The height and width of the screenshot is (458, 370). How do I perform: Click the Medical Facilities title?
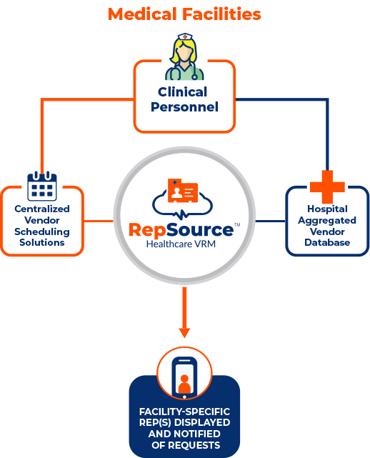(x=184, y=14)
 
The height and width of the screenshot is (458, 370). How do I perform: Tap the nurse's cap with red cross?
(x=185, y=37)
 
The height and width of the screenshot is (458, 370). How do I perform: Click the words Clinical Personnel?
(x=184, y=99)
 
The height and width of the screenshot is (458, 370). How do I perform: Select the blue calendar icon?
(x=42, y=186)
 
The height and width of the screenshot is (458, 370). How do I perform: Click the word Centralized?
(x=42, y=209)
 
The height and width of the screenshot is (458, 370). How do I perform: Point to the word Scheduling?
(x=42, y=232)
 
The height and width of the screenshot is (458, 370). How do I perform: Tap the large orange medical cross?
(x=327, y=187)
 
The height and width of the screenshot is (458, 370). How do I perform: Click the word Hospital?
(x=327, y=209)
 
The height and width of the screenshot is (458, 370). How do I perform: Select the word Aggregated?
(x=327, y=221)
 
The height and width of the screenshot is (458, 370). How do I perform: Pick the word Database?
(x=327, y=242)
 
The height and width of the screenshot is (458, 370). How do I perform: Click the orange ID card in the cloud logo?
(x=183, y=191)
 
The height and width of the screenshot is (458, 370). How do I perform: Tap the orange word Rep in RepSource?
(x=147, y=231)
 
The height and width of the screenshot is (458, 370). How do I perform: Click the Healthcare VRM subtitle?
(x=181, y=244)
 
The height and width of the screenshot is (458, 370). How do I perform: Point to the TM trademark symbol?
(x=237, y=225)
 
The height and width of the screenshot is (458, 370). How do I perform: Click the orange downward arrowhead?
(x=184, y=333)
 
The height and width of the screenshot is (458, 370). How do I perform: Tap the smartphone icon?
(x=184, y=377)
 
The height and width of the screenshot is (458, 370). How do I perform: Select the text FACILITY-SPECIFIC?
(x=184, y=412)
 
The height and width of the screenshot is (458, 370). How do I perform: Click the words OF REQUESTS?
(x=186, y=445)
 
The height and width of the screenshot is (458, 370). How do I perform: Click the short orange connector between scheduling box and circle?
(x=99, y=221)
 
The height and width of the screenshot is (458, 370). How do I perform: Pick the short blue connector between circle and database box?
(x=271, y=221)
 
